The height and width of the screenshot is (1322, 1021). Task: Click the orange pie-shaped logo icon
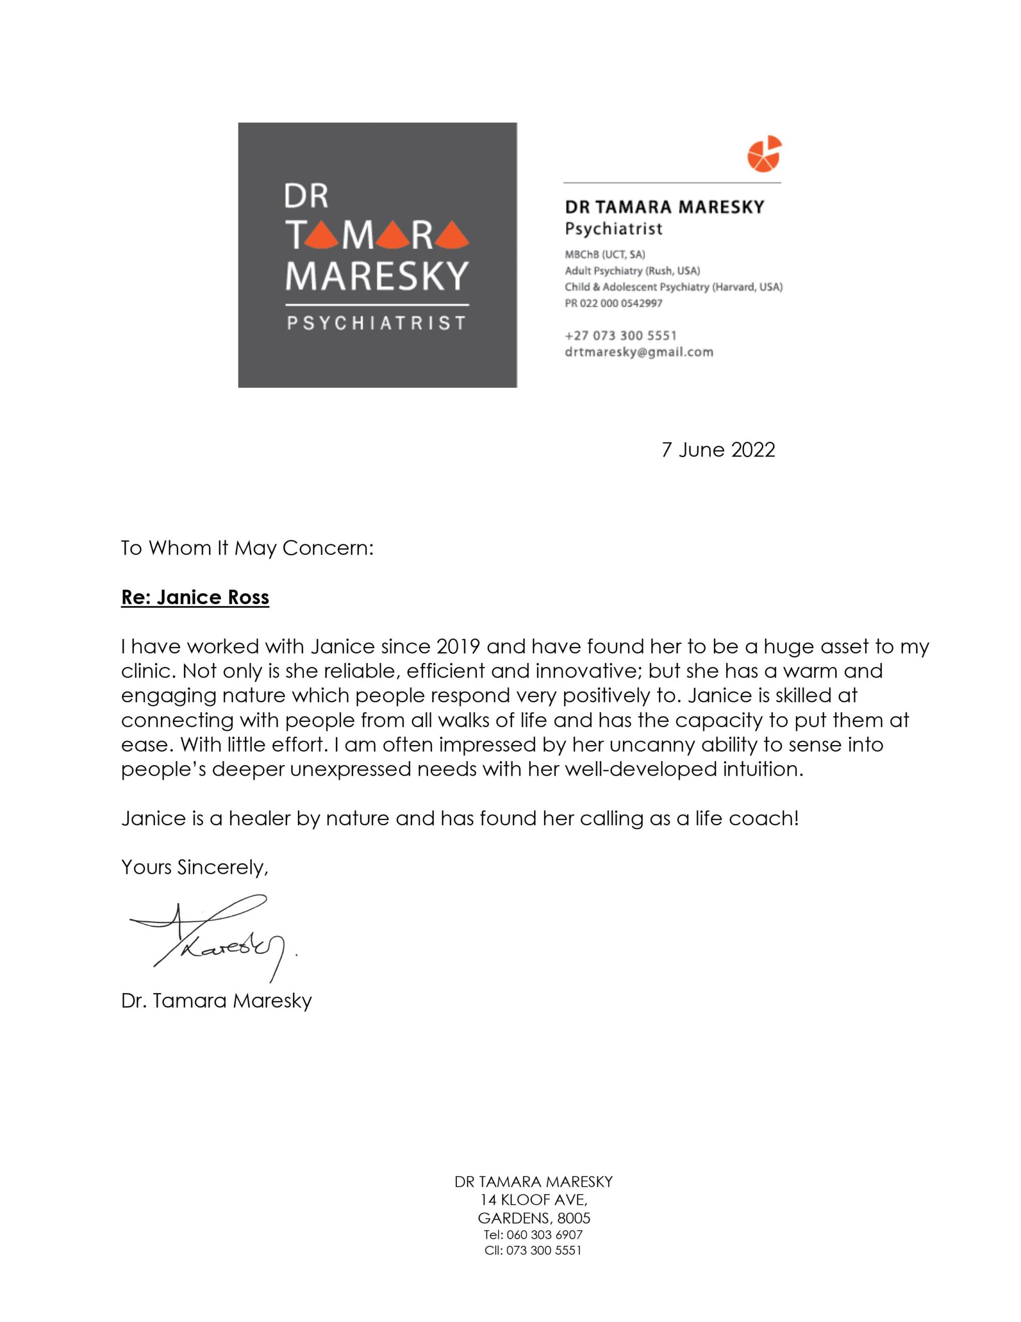coord(764,153)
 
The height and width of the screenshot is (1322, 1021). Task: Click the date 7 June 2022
coord(718,450)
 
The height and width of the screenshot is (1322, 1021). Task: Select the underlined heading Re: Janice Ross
coord(195,597)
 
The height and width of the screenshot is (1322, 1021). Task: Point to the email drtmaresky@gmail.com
coord(639,352)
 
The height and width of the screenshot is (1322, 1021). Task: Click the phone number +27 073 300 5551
coord(620,335)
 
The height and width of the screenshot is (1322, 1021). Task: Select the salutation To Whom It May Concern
coord(247,548)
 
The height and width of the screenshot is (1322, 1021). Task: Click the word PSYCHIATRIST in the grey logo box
coord(376,323)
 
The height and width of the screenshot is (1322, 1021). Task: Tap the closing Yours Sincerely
coord(194,868)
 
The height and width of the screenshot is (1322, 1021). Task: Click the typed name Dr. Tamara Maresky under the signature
coord(216,1001)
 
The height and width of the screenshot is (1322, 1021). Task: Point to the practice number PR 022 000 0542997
coord(614,303)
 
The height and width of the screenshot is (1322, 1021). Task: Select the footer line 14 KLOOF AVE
coord(533,1199)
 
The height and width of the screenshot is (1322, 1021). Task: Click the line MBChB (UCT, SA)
coord(604,254)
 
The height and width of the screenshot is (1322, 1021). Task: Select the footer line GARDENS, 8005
coord(534,1218)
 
